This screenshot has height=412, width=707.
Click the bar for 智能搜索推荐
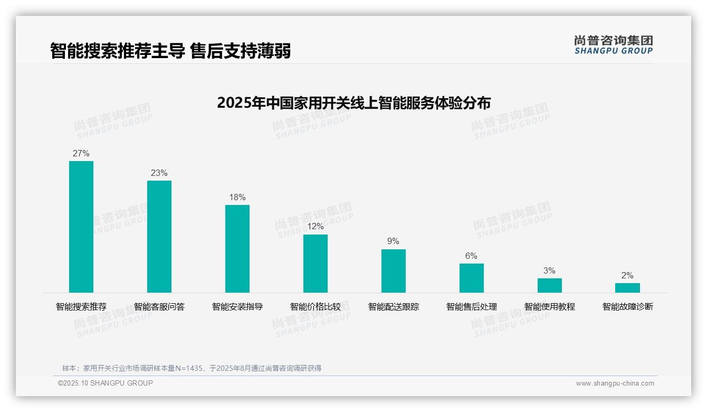click(x=81, y=227)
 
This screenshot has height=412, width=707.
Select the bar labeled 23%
click(x=159, y=237)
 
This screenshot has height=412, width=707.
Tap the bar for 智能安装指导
click(x=237, y=249)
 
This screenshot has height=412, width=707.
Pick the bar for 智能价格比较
click(x=316, y=264)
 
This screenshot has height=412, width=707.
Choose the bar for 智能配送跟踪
click(x=394, y=271)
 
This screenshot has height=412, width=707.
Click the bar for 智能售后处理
click(x=472, y=278)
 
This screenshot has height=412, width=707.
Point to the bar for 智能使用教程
click(x=550, y=285)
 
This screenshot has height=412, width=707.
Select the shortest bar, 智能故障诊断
click(x=627, y=288)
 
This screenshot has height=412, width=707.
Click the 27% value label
click(x=81, y=154)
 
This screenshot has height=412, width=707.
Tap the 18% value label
click(x=237, y=198)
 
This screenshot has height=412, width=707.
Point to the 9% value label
click(x=394, y=241)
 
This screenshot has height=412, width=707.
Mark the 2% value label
click(x=627, y=276)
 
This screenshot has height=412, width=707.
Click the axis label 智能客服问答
click(x=159, y=307)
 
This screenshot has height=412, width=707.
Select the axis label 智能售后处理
click(x=472, y=307)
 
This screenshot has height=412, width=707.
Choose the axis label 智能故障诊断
click(x=628, y=307)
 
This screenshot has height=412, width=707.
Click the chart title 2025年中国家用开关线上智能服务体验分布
click(x=353, y=102)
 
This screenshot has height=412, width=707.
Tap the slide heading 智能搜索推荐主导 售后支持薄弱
click(x=170, y=51)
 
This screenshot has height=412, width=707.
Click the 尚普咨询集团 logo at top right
click(x=614, y=45)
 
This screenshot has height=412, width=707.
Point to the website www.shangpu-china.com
click(x=615, y=383)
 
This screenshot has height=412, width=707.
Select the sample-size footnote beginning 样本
click(x=192, y=368)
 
